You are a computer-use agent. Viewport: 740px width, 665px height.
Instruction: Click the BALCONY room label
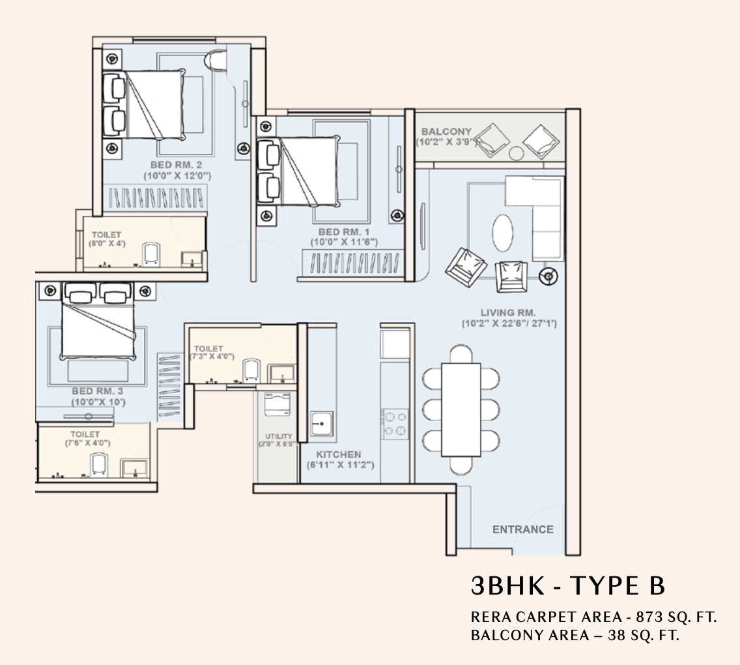coord(446,132)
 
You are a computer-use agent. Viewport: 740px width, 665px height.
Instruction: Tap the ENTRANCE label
coord(522,529)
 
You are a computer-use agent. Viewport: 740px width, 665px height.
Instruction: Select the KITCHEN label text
coord(339,454)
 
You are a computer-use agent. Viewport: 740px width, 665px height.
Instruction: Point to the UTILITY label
coord(278,436)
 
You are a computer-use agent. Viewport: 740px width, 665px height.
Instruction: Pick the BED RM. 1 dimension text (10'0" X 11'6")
coord(345,242)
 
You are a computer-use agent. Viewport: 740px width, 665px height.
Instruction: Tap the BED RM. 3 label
coord(98,391)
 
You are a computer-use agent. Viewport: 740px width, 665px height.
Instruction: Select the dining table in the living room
coord(461,409)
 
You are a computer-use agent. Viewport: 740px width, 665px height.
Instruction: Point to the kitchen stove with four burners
coord(395,423)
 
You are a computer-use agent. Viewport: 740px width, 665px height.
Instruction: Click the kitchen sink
coord(322,424)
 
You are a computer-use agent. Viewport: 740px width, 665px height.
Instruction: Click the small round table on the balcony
coord(516,154)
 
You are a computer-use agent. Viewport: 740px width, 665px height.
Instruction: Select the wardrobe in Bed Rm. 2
coord(156,198)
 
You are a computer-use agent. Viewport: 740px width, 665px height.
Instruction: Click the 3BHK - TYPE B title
coord(568,585)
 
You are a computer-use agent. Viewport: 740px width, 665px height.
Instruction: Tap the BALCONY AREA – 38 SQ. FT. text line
coord(575,635)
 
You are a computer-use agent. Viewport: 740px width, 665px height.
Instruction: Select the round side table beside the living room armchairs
coord(548,276)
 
